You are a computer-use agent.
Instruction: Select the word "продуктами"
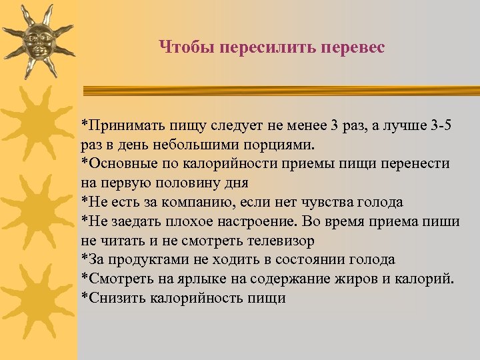click(x=143, y=259)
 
